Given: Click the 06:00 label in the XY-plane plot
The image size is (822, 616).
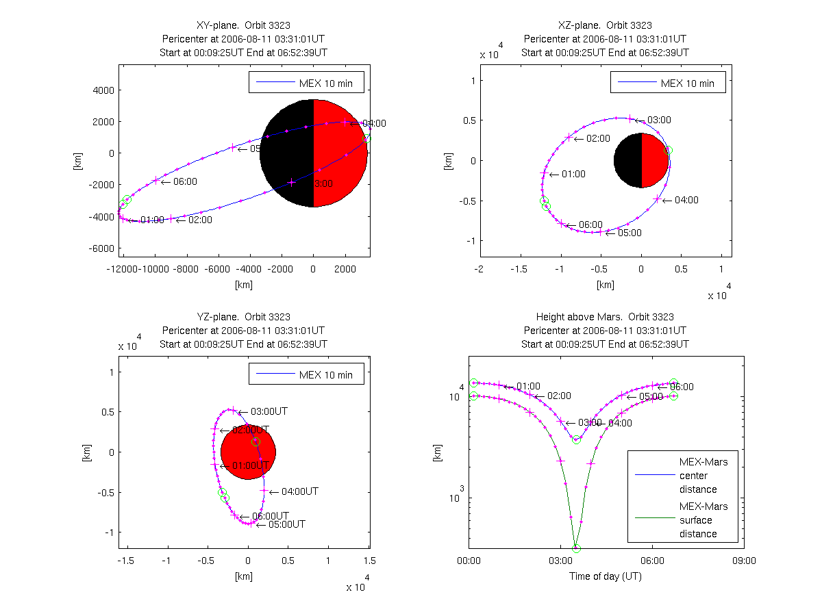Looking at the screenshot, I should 185,181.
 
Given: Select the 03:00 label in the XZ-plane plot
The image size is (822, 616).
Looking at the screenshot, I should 659,120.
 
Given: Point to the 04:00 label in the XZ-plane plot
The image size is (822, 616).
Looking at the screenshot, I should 686,200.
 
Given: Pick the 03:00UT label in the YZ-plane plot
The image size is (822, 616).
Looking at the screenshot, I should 269,411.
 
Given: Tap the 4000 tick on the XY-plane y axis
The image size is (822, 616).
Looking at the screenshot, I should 103,90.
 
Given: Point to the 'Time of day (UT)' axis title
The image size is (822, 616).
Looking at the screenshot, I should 606,576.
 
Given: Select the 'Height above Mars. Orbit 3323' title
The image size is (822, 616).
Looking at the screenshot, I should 605,317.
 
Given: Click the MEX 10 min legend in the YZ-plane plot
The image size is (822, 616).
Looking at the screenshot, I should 306,374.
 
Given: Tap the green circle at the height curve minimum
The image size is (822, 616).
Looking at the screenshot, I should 576,548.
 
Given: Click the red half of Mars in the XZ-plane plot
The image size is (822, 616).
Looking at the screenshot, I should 654,160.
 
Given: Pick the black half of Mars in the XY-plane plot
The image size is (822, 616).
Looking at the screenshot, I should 287,153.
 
